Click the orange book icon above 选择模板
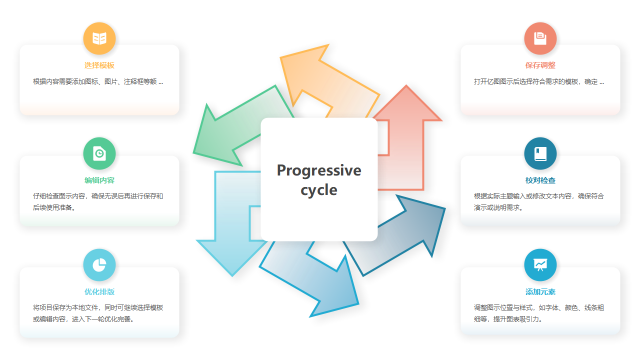tap(99, 38)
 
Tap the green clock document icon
tap(99, 153)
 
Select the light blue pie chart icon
tap(99, 265)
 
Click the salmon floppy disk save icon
tap(540, 38)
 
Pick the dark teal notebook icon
tap(540, 153)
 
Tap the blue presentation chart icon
tap(540, 265)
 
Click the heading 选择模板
tap(99, 65)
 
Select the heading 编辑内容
tap(99, 180)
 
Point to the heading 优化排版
tap(99, 291)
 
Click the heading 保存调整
tap(540, 65)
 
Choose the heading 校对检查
tap(540, 180)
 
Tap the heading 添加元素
tap(540, 291)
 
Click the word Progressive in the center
tap(319, 170)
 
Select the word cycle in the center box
tap(319, 190)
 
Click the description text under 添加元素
tap(539, 313)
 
